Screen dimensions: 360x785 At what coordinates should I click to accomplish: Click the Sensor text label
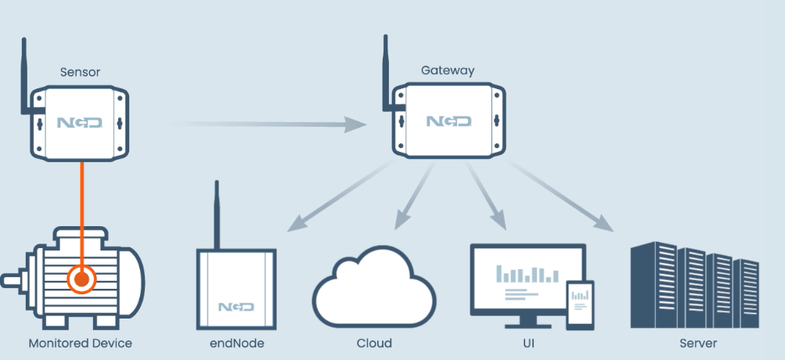tap(80, 73)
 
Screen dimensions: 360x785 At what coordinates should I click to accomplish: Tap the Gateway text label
tap(448, 70)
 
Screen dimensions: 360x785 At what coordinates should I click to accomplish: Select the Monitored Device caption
tap(80, 343)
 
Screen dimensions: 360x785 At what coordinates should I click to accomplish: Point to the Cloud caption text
tap(373, 343)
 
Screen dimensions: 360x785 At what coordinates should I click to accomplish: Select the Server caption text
tap(697, 343)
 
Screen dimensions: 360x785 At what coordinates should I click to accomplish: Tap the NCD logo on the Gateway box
tap(448, 121)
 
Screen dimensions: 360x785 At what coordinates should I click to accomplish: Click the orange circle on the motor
tap(81, 278)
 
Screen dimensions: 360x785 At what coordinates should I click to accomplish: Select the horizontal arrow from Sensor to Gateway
tap(266, 124)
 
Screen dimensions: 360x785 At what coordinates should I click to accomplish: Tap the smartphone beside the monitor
tap(580, 304)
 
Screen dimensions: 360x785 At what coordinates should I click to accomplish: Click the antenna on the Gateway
tap(387, 70)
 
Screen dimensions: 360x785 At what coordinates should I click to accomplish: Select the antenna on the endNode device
tap(216, 215)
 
